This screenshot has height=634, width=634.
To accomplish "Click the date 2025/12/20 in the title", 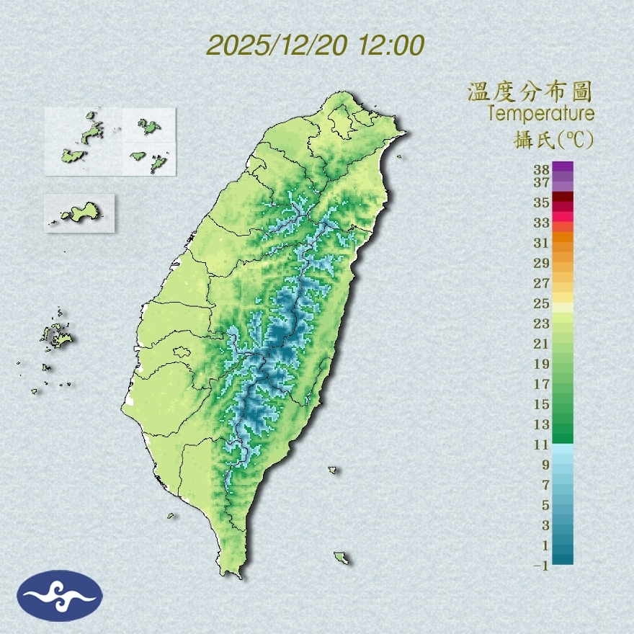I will (x=276, y=45).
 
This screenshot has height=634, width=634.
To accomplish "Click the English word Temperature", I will (x=540, y=114).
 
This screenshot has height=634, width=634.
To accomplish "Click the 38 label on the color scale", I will (x=542, y=170).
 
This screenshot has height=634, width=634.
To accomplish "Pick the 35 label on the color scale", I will (x=542, y=202).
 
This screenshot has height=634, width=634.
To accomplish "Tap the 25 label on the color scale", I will (x=542, y=303).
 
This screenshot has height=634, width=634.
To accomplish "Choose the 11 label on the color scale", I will (x=542, y=445).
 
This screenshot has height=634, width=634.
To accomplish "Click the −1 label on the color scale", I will (x=541, y=566).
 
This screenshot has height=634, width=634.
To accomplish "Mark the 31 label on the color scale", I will (x=542, y=242).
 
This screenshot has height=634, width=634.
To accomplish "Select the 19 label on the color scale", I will (x=542, y=363).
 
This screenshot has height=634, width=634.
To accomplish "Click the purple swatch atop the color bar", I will (x=563, y=166).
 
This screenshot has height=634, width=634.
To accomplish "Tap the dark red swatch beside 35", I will (x=563, y=197).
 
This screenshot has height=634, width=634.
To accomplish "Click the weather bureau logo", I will (x=60, y=596).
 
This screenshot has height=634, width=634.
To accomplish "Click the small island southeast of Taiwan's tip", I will (x=341, y=557).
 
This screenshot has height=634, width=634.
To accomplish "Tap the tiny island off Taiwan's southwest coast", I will (x=171, y=515).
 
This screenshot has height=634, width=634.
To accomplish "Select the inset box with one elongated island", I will (x=79, y=213).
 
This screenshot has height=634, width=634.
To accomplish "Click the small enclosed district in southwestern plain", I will (x=182, y=353).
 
